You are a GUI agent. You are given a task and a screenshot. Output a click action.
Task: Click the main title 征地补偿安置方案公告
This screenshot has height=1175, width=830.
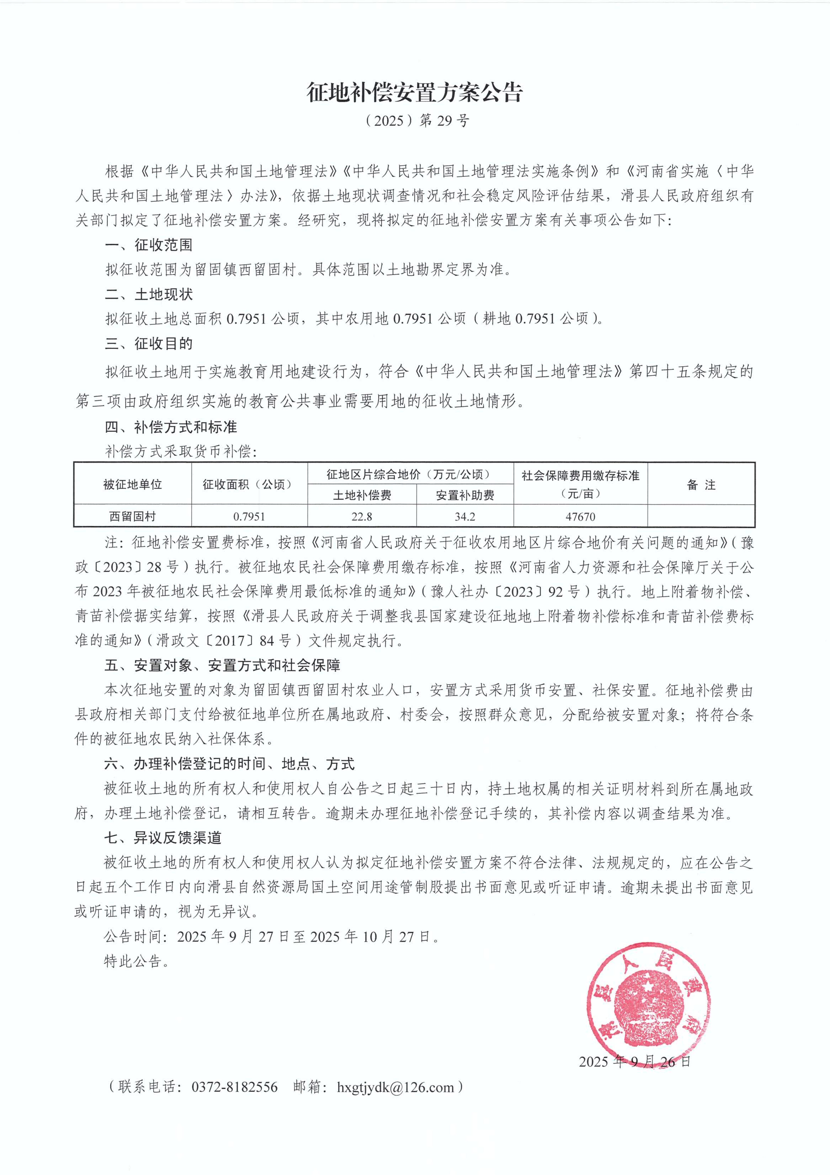tap(414, 93)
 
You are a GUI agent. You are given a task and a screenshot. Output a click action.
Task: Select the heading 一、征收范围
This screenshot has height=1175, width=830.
tap(149, 245)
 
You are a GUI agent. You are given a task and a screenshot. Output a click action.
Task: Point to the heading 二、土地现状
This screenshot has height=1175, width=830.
tap(149, 294)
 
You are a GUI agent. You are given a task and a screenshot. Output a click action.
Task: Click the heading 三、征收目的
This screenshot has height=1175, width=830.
tap(149, 343)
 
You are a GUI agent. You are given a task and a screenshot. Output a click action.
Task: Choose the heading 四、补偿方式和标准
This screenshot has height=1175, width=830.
tap(171, 427)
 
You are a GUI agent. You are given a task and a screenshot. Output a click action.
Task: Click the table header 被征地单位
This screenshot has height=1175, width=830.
tap(132, 484)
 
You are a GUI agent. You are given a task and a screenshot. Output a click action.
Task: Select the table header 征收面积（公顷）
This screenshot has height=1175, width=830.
tap(249, 484)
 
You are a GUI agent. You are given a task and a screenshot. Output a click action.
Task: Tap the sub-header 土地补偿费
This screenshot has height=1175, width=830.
tap(362, 495)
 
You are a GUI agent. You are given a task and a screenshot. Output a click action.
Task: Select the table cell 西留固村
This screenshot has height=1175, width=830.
tap(132, 516)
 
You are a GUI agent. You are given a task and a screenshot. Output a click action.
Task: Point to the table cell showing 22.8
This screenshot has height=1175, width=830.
tap(362, 516)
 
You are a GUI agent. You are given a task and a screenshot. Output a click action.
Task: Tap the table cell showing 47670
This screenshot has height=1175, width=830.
tap(580, 516)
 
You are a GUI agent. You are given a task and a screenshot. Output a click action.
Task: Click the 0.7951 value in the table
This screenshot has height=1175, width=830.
tap(249, 516)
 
